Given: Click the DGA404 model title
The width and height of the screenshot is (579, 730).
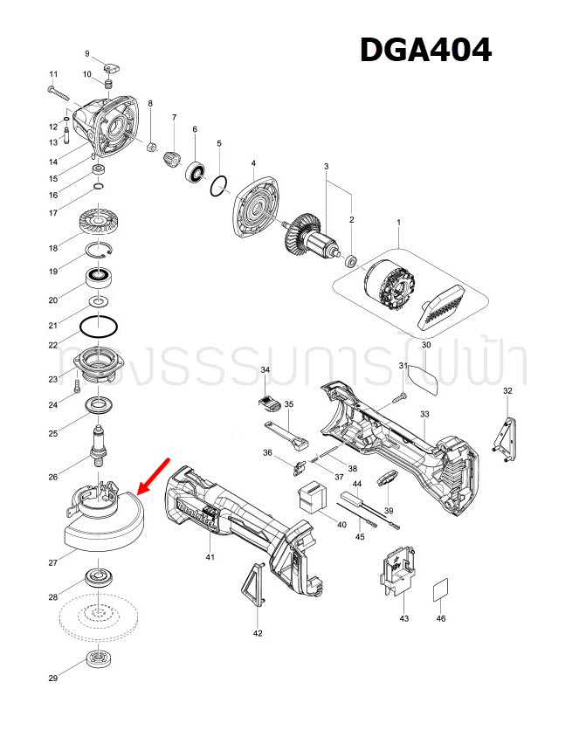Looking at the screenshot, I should coord(426,51).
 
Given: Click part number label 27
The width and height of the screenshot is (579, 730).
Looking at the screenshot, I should coord(53,563).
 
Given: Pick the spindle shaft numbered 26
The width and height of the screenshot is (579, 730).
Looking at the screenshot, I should coord(99,441).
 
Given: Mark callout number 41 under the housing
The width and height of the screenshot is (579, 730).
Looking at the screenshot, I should coord(210,556).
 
